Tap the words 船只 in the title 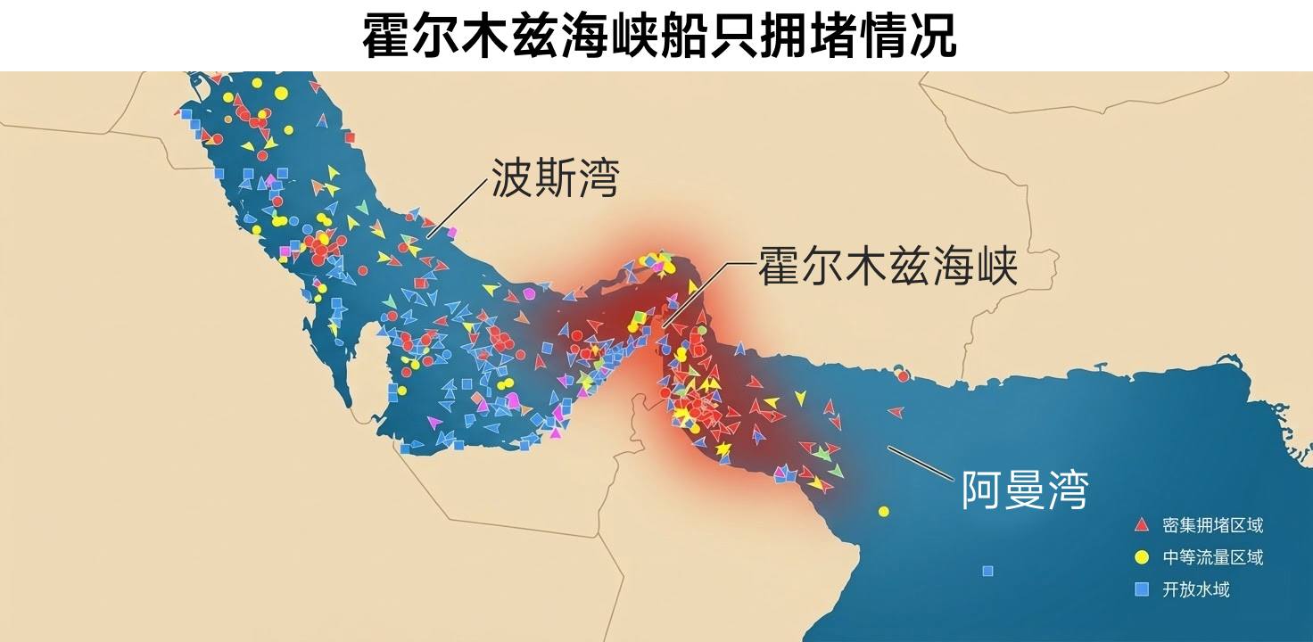(700, 36)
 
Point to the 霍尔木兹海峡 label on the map (888, 266)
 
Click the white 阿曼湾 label (1024, 490)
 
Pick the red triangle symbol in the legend (1141, 524)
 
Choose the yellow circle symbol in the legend (1141, 557)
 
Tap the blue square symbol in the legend (1141, 589)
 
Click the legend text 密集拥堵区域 (1213, 524)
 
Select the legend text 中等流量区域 (1213, 557)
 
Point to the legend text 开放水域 (1196, 589)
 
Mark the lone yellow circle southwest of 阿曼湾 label (884, 511)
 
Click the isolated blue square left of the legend (987, 571)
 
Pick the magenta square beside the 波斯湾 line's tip (451, 233)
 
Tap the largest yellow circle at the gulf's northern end (281, 93)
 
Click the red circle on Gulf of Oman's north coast (904, 376)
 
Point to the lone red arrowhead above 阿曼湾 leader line (896, 412)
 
